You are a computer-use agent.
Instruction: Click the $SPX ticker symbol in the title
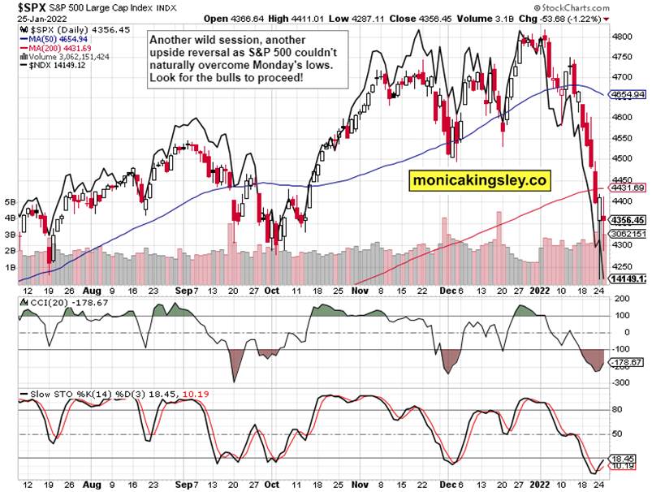(21, 6)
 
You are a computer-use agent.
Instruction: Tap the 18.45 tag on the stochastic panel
(623, 458)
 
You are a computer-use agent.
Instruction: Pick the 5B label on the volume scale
(11, 201)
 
